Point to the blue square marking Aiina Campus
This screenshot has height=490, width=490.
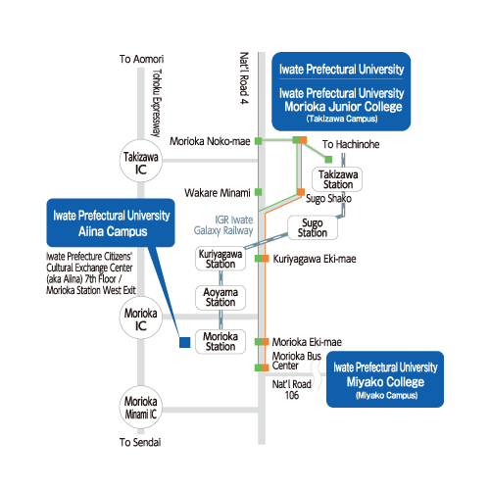pos(185,342)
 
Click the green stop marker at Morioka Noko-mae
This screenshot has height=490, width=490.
pos(258,141)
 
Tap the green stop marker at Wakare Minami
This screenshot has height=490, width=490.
pos(258,192)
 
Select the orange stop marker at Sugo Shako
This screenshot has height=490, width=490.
pos(301,192)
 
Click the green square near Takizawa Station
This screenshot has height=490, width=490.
pos(328,160)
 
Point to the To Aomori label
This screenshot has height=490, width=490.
pos(141,59)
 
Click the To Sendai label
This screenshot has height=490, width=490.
pos(140,442)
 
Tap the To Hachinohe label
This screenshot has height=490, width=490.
pos(351,144)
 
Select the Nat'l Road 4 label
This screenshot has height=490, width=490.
pos(244,78)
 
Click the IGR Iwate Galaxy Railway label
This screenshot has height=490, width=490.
pos(223,225)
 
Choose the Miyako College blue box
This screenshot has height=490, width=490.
pos(385,379)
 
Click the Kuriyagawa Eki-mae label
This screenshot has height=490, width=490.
pos(315,259)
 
